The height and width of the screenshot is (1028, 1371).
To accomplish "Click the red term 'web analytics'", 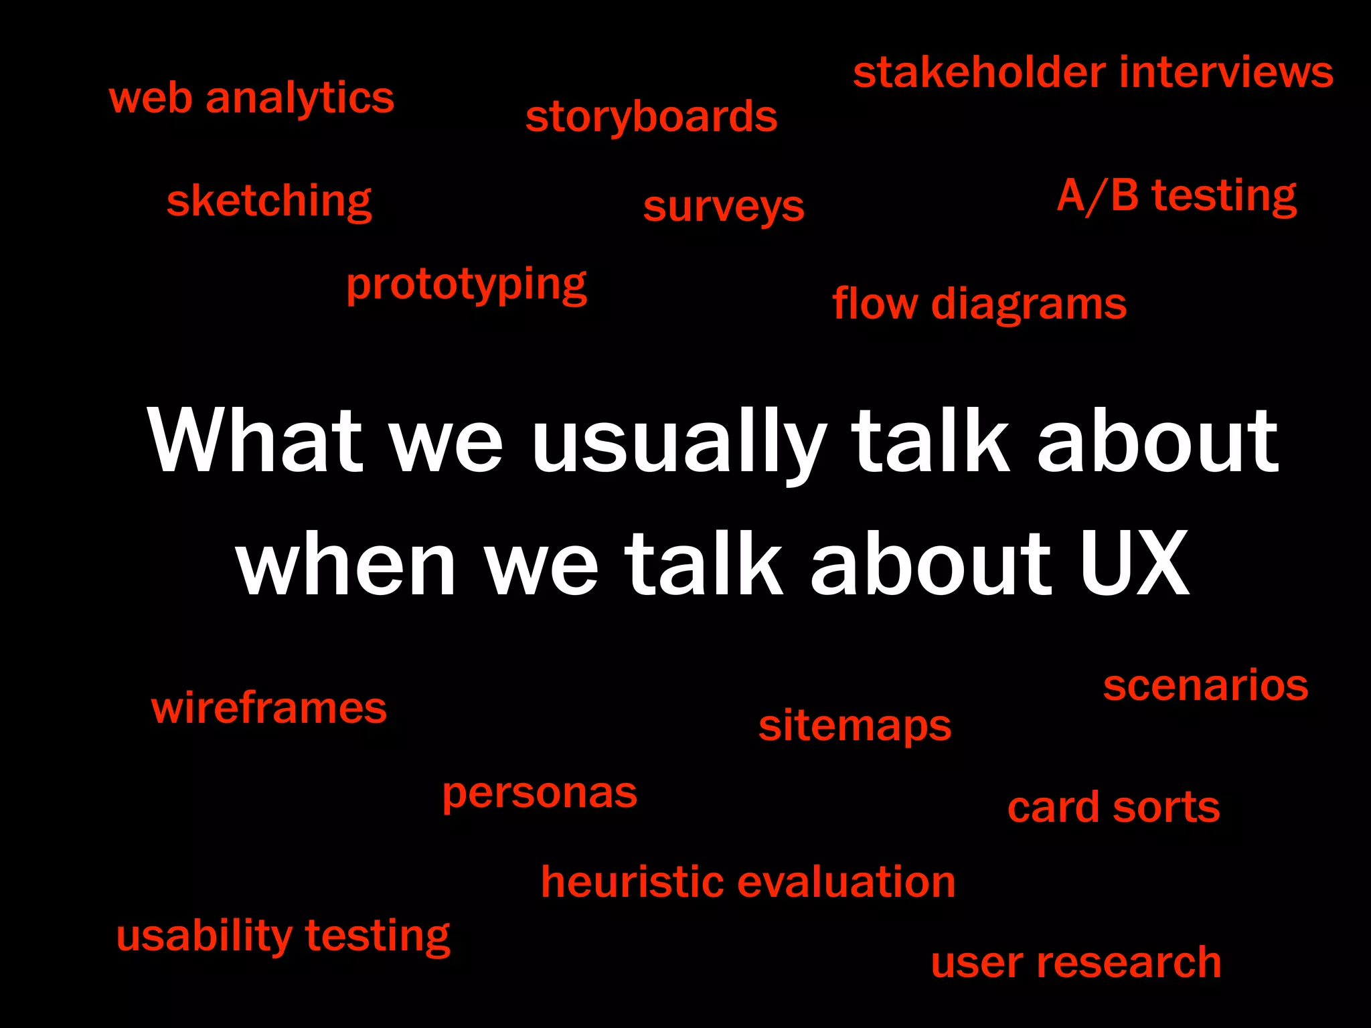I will [x=252, y=98].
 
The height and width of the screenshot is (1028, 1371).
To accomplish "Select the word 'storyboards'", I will [x=651, y=117].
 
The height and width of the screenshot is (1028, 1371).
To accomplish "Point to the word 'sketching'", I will [x=269, y=201].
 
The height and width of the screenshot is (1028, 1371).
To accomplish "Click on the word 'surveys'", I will [x=724, y=207].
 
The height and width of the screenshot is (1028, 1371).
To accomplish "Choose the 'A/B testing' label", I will [x=1177, y=196].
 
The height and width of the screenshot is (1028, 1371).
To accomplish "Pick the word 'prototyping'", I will [x=467, y=285].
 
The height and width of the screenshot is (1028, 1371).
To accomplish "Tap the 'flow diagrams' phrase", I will [x=979, y=304].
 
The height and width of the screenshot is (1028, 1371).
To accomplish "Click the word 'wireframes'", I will [x=269, y=708].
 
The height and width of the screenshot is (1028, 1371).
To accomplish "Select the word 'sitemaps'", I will [x=855, y=726].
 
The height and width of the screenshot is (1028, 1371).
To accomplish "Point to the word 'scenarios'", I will [x=1206, y=686].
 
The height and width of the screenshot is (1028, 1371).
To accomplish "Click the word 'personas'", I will [x=540, y=794].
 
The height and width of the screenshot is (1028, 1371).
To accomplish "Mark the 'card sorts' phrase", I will [x=1114, y=807].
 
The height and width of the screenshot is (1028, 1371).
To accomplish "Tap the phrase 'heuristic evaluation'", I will [x=748, y=881].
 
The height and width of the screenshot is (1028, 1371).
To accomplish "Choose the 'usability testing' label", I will [x=283, y=936].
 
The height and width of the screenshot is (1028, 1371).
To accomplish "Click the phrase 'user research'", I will [x=1076, y=963].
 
